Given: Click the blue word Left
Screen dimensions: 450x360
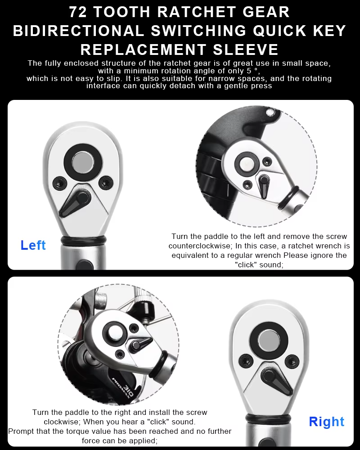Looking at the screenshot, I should (33, 245).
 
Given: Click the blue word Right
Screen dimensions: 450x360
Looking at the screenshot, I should (326, 422).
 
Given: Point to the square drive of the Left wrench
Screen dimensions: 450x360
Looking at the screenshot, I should (81, 161).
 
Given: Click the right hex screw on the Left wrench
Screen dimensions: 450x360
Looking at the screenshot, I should (105, 182).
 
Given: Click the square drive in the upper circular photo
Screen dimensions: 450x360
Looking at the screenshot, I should (247, 163).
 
